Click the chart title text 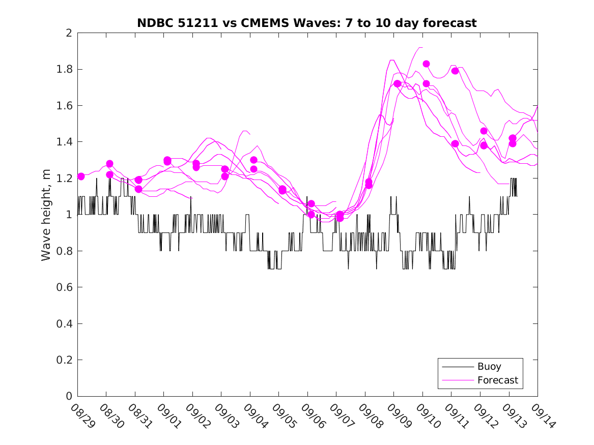pos(307,23)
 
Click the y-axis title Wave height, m pos(46,215)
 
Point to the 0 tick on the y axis pos(69,396)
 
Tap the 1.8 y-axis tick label pos(65,69)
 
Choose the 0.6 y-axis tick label pos(65,287)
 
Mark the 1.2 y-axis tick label pos(65,179)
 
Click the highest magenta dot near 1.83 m pos(426,64)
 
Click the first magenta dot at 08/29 pos(81,176)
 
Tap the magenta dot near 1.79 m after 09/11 pos(455,71)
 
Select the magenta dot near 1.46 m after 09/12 pos(484,131)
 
